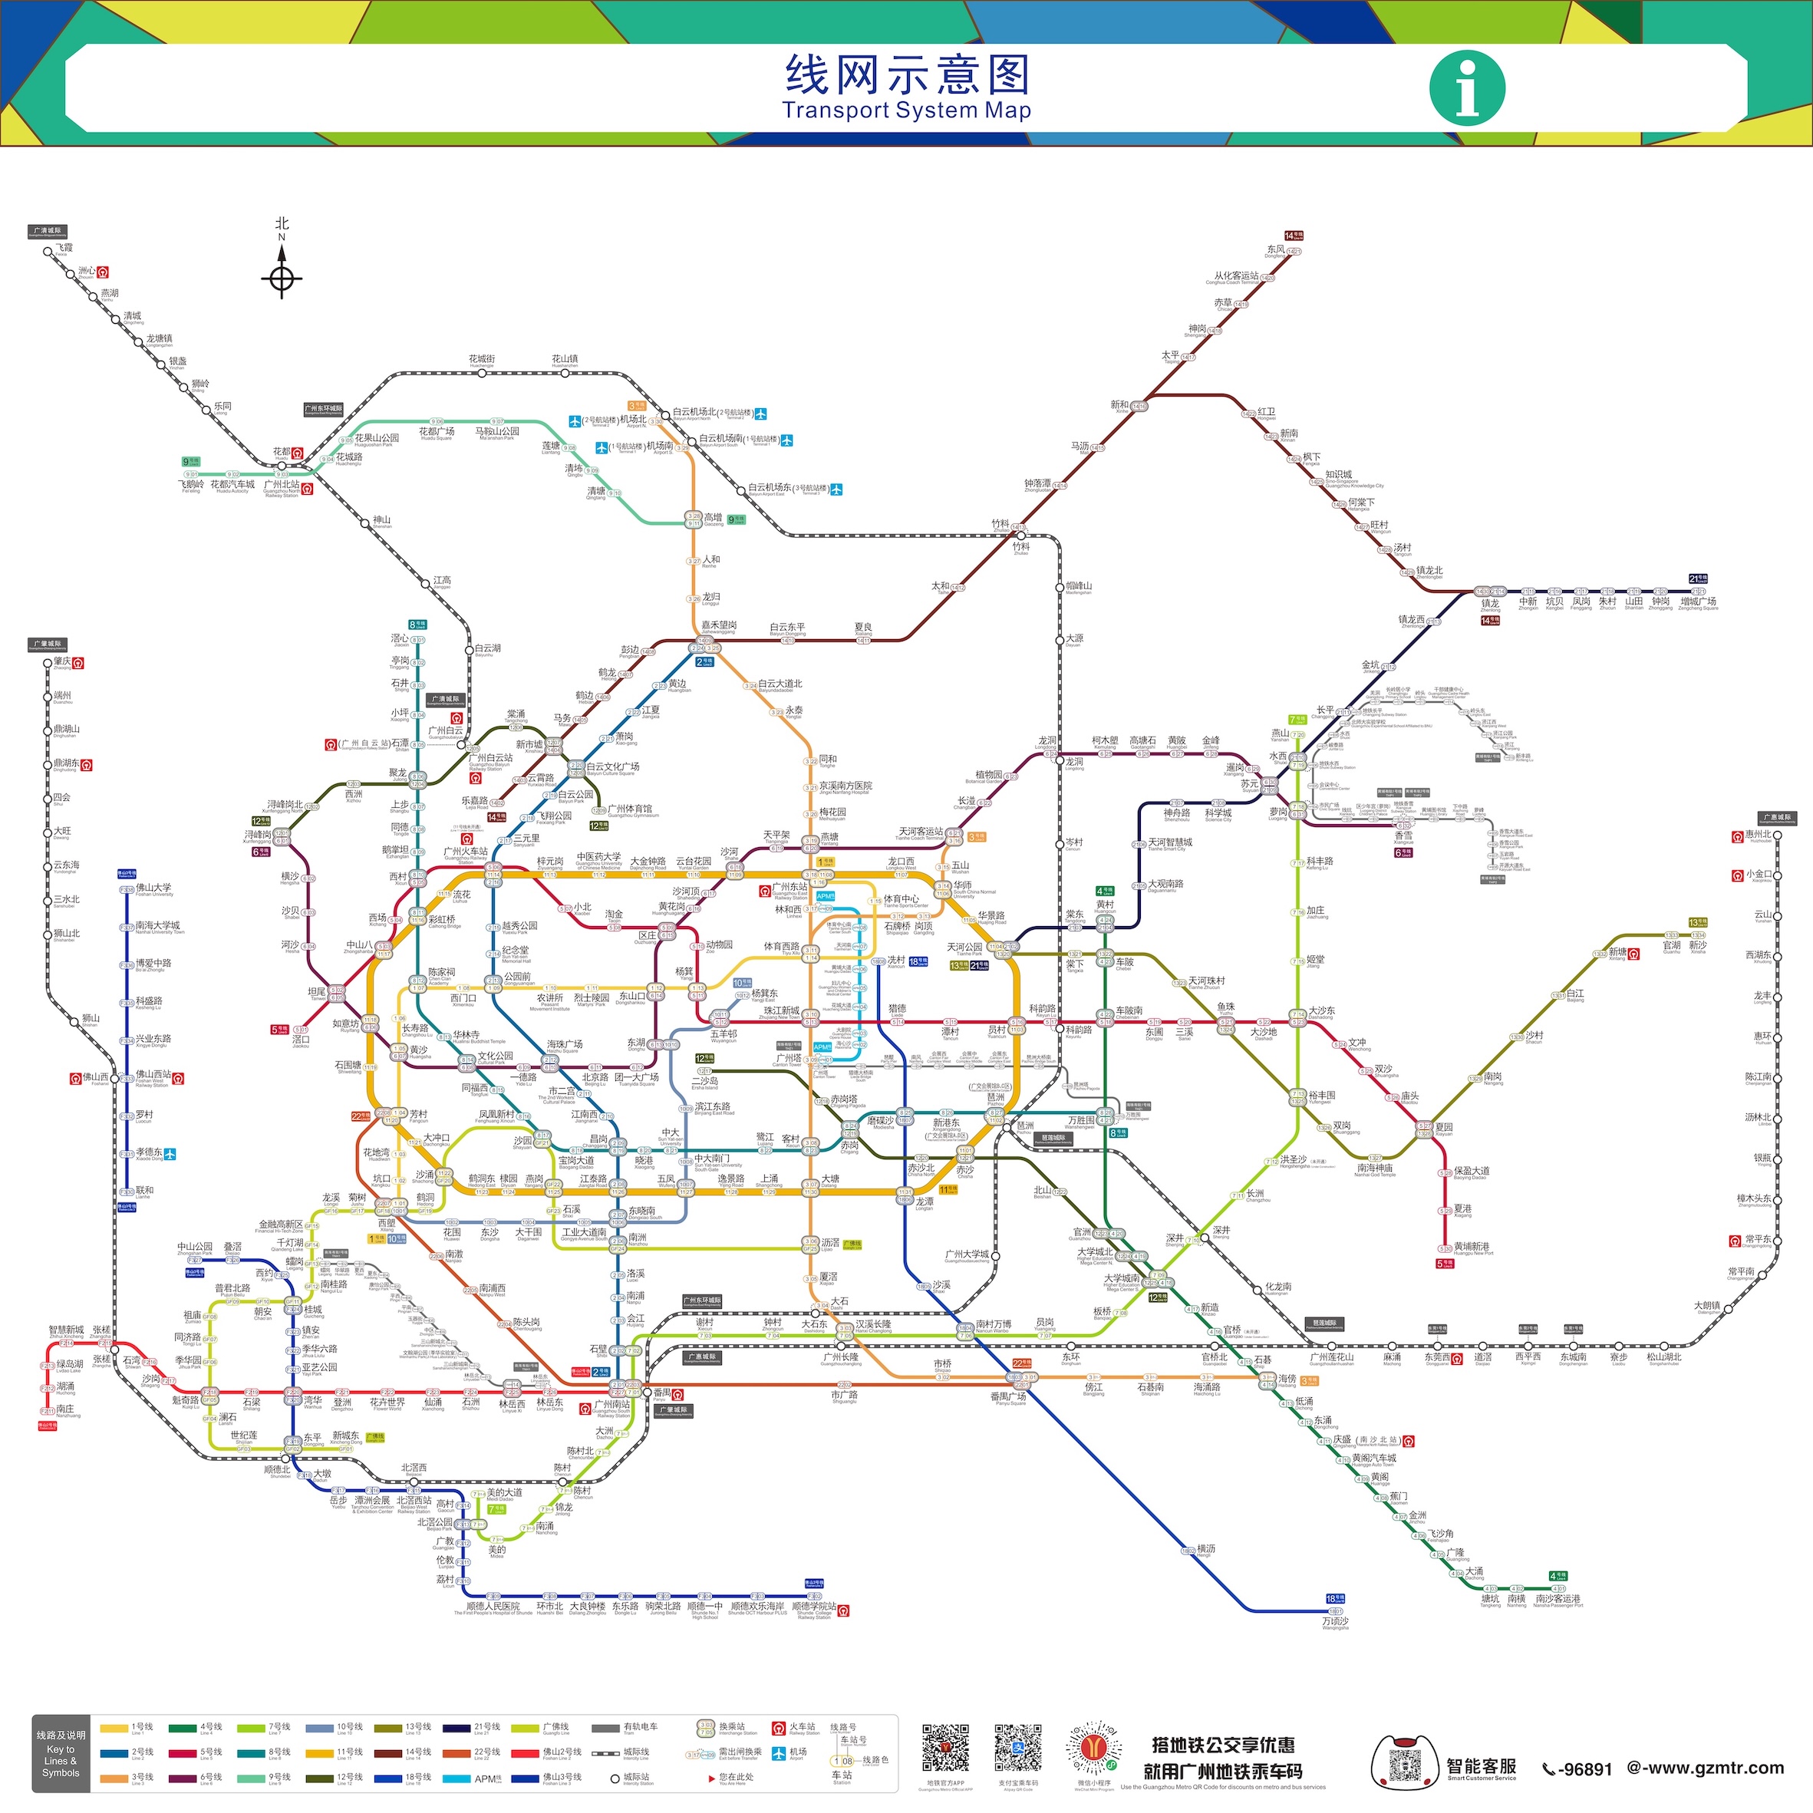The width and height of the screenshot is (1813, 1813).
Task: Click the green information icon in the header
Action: (x=1467, y=87)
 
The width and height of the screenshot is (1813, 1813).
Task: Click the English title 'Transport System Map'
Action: (x=907, y=110)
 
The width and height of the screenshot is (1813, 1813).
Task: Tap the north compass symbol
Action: (x=282, y=279)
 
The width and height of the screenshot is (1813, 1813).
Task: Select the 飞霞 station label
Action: (x=63, y=248)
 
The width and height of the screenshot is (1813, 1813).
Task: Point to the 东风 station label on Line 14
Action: (x=1275, y=249)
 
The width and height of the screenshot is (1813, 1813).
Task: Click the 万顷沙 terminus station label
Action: (x=1334, y=1621)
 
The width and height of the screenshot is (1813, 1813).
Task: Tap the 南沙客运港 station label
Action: (x=1557, y=1599)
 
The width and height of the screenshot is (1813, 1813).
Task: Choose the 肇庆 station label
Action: (x=62, y=661)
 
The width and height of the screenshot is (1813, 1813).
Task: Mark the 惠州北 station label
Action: (x=1758, y=834)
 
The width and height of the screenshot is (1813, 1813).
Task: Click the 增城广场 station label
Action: (x=1698, y=602)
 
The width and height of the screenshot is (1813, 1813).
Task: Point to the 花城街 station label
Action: (x=481, y=359)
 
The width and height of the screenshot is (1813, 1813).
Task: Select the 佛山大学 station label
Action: (x=154, y=887)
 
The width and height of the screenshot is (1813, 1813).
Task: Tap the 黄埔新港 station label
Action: (x=1472, y=1247)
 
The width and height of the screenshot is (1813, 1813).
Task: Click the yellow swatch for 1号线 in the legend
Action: (x=114, y=1728)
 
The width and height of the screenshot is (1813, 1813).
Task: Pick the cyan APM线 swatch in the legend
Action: (x=456, y=1778)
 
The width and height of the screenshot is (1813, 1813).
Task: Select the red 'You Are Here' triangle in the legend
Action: (x=710, y=1778)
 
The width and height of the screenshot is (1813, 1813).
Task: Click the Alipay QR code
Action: (x=1017, y=1749)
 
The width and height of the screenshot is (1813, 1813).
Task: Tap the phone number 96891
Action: (x=1577, y=1770)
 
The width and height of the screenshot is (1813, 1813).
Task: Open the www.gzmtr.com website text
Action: (x=1705, y=1768)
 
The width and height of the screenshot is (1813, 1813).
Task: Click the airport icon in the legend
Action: (x=778, y=1753)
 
